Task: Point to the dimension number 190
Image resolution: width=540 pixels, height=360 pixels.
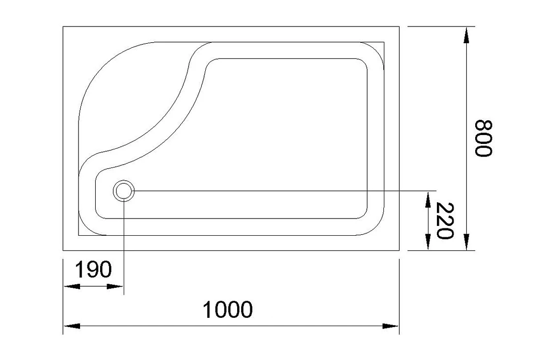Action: point(93,269)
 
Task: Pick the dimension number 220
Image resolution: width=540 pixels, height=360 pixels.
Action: point(445,221)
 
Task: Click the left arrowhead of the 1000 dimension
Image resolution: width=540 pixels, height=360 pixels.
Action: point(72,326)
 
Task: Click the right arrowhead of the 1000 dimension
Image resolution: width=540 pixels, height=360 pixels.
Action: point(391,326)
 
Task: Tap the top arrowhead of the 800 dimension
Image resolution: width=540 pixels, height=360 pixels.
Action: point(466,35)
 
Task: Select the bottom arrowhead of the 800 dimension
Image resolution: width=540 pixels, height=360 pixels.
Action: point(466,242)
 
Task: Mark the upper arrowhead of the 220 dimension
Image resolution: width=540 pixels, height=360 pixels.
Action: point(428,200)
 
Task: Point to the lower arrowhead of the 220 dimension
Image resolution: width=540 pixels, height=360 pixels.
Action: point(428,242)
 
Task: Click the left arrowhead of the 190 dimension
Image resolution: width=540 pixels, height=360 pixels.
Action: point(72,286)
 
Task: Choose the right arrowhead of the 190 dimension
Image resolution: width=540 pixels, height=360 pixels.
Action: point(115,286)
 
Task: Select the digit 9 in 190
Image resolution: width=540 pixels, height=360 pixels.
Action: point(93,269)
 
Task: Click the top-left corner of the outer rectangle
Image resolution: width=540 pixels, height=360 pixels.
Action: point(63,27)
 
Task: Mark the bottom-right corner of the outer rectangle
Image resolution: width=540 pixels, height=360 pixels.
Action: point(399,250)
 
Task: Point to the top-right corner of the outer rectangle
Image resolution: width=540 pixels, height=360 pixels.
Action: point(399,27)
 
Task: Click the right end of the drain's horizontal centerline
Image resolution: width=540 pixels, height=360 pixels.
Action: point(437,191)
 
